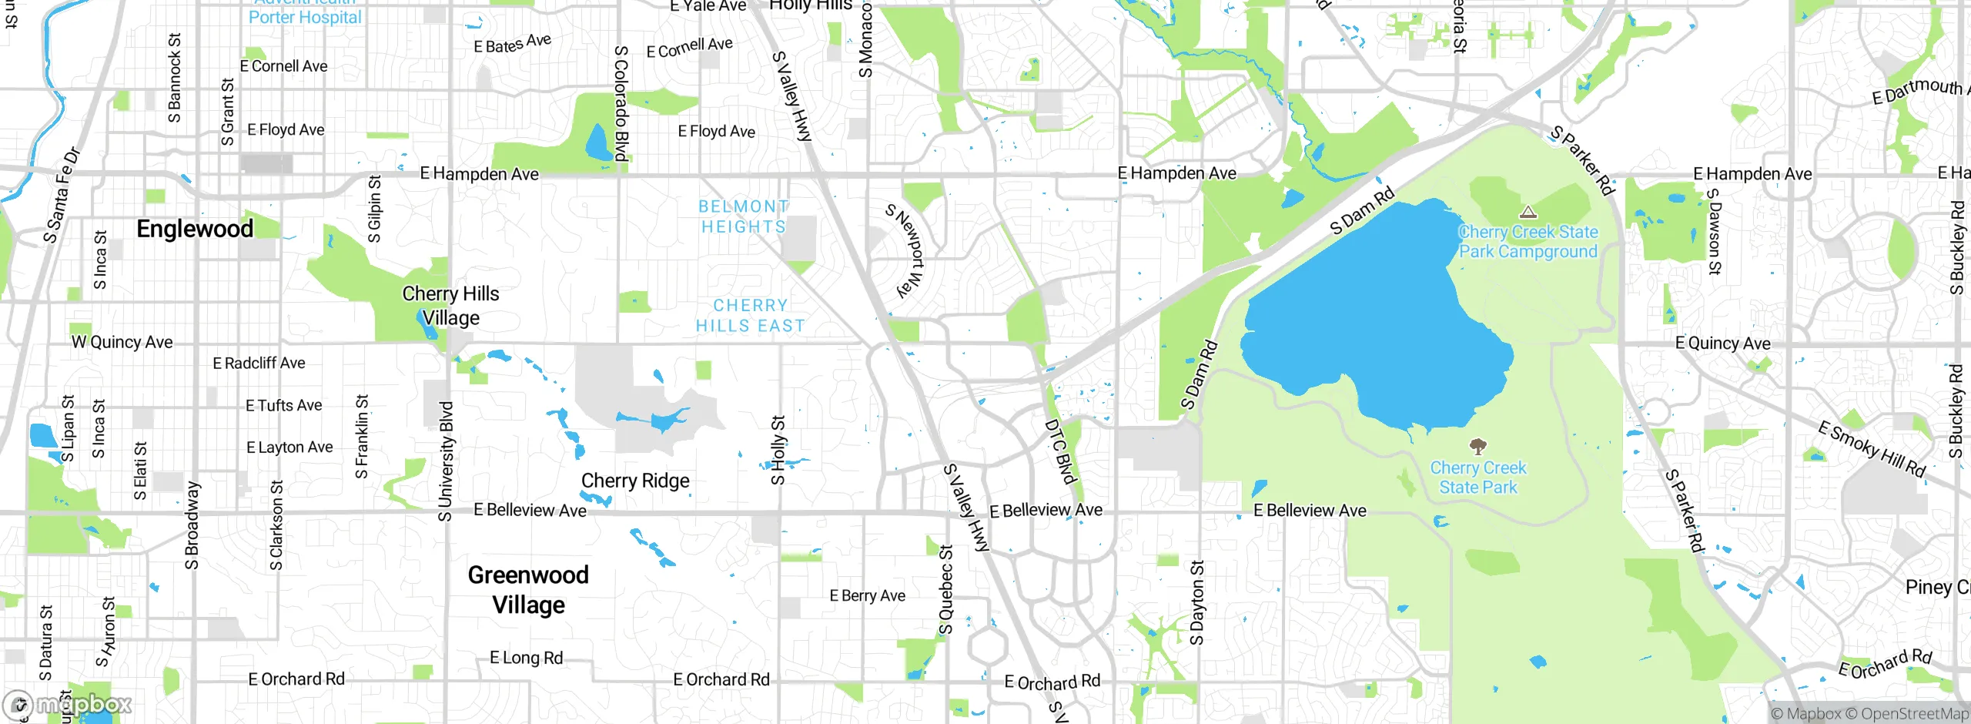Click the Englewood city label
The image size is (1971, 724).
click(195, 229)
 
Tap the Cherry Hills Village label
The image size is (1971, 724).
click(450, 306)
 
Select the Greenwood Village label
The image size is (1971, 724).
click(528, 590)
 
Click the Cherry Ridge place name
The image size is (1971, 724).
click(635, 481)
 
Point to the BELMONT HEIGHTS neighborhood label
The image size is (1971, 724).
click(744, 216)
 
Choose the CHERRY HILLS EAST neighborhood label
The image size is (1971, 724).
click(751, 316)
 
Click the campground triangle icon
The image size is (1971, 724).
click(1528, 212)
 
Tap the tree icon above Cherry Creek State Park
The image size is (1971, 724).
click(1477, 446)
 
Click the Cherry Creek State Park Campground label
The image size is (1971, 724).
click(1528, 242)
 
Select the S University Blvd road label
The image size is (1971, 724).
click(446, 461)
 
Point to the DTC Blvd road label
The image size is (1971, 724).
click(1059, 451)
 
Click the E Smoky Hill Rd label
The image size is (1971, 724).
click(1872, 449)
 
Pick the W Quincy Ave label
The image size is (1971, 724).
click(122, 342)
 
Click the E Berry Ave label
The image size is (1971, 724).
click(867, 595)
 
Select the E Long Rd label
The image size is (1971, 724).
click(527, 658)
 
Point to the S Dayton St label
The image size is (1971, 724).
click(1196, 603)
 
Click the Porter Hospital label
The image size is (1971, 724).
click(305, 17)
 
